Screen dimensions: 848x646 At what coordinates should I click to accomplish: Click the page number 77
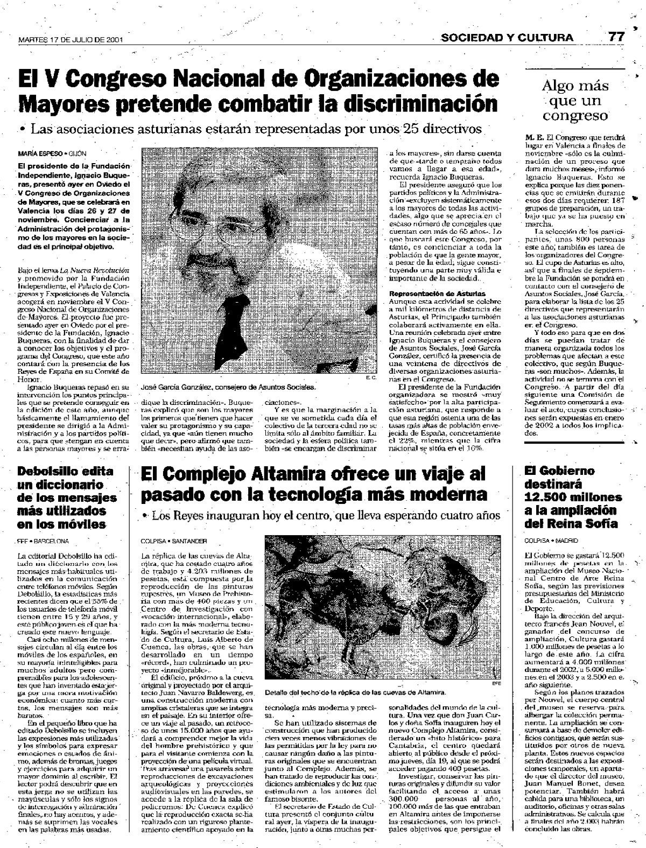(x=616, y=37)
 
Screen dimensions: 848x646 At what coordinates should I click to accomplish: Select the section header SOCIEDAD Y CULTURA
(x=507, y=37)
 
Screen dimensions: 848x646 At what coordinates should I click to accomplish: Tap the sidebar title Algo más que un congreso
(x=575, y=101)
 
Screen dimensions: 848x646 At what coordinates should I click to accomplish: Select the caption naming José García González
(x=227, y=387)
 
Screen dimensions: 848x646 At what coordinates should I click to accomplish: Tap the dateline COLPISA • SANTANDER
(x=173, y=540)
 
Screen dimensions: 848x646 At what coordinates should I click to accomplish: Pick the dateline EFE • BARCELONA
(x=43, y=540)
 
